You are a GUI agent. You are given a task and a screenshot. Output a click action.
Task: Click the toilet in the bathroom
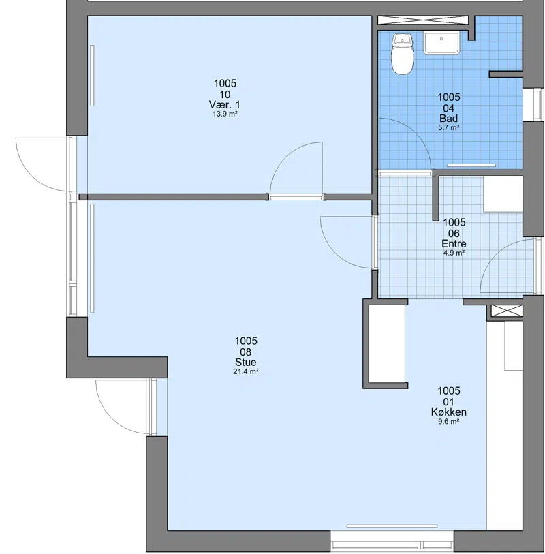coord(403,54)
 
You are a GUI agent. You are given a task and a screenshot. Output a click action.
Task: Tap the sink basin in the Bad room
coord(441,43)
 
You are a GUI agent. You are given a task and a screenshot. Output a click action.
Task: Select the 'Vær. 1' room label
coord(225,105)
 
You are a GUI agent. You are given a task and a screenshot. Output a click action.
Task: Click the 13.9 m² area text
coord(225,114)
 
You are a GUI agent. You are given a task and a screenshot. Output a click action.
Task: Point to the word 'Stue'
coord(245,362)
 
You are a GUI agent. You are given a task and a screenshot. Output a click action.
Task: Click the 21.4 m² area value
coord(245,371)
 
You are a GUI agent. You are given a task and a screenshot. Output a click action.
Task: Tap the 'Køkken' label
coord(448,412)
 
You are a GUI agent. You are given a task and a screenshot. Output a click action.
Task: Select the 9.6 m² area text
coord(448,422)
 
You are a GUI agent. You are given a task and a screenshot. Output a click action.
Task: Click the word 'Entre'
coord(454,244)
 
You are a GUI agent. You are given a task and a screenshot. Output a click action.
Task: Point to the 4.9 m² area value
coord(454,253)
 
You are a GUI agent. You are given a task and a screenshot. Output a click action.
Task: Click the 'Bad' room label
coord(448,119)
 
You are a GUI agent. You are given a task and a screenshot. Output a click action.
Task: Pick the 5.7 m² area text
coord(448,127)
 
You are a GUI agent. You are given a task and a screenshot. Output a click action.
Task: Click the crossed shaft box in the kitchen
coord(507,311)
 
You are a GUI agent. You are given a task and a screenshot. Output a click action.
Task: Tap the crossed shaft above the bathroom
coord(423,20)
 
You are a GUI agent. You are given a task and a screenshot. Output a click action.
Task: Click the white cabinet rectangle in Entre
coord(503,194)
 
